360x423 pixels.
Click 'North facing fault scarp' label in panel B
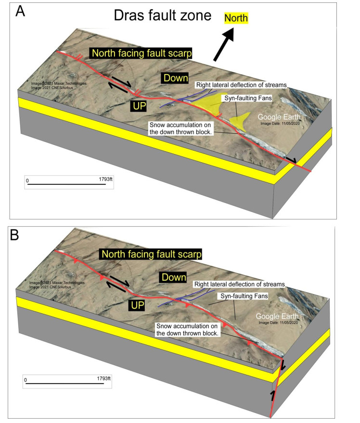pyautogui.click(x=150, y=253)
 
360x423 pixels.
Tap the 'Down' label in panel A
pyautogui.click(x=175, y=78)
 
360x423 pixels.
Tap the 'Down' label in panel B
pyautogui.click(x=173, y=278)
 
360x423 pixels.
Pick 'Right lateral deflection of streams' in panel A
pyautogui.click(x=241, y=85)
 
